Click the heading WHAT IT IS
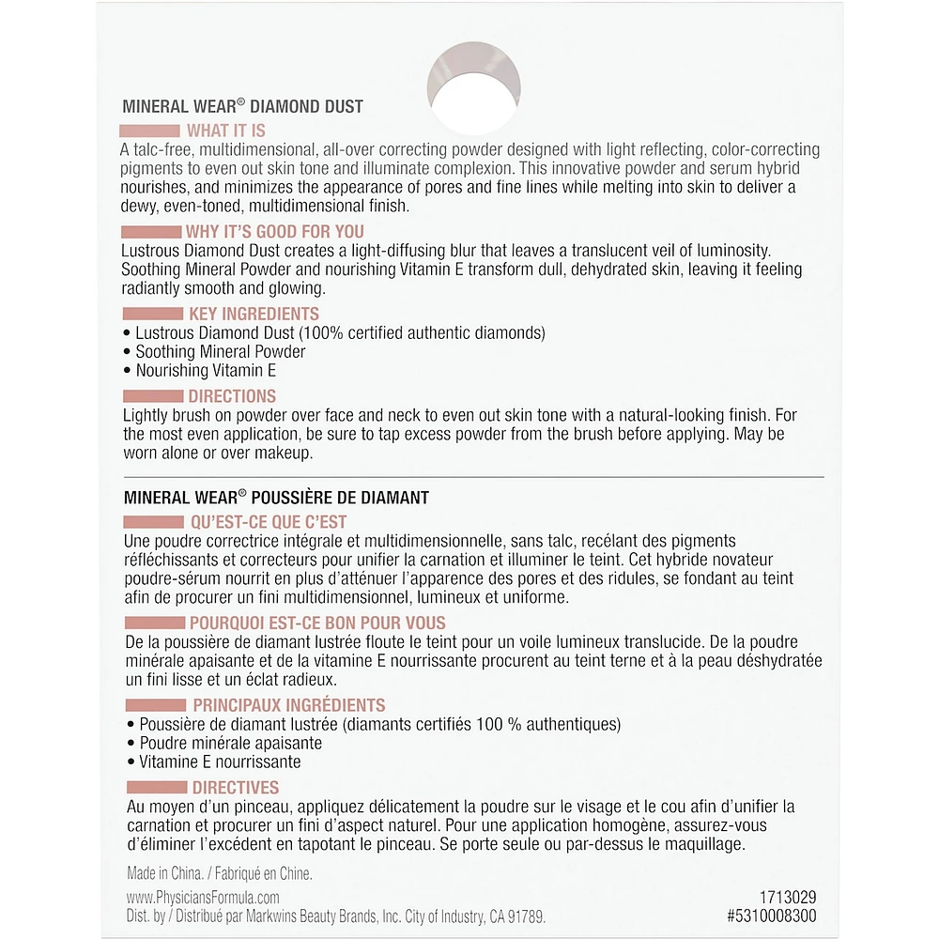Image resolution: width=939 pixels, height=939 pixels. [x=225, y=131]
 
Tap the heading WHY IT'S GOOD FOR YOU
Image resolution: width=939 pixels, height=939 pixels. [x=276, y=232]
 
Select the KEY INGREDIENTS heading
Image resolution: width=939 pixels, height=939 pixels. [x=254, y=315]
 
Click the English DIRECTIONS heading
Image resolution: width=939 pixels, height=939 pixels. [x=232, y=396]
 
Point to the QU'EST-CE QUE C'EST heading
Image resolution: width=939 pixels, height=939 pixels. [x=268, y=523]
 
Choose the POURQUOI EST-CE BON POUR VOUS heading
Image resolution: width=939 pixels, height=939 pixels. [x=317, y=623]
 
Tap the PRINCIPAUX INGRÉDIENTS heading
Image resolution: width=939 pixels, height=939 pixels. [x=289, y=705]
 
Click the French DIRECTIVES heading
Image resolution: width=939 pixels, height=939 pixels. [x=236, y=788]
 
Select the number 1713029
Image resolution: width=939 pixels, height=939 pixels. [x=787, y=898]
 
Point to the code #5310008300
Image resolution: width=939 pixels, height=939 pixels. [x=771, y=916]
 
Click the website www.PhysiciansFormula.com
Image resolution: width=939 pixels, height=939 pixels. [x=203, y=898]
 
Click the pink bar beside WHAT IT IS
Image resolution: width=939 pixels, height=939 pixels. [x=150, y=131]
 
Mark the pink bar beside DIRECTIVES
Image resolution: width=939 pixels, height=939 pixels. [x=156, y=788]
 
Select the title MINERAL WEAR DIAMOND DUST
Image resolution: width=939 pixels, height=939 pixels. [x=242, y=107]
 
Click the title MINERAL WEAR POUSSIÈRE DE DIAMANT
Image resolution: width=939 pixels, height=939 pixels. [x=276, y=499]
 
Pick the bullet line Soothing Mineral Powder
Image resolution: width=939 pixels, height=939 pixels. [x=220, y=352]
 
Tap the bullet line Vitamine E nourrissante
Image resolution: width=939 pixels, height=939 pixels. [x=220, y=762]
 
